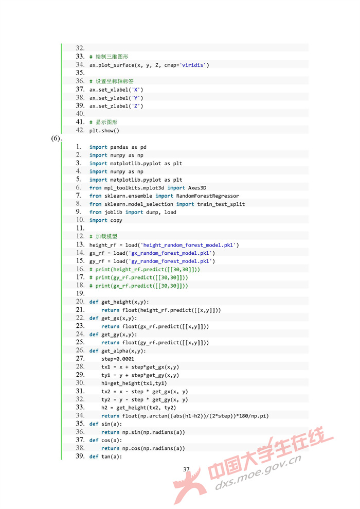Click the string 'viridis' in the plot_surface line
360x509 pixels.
(x=192, y=65)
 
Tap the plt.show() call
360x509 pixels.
(x=104, y=131)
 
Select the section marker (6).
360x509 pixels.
(x=57, y=138)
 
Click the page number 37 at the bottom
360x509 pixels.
(x=186, y=469)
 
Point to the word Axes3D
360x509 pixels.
(x=197, y=188)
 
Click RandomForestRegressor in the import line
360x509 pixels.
(x=208, y=196)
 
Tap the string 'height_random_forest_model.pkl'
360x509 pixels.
(x=188, y=245)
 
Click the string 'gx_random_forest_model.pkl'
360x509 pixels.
(x=170, y=253)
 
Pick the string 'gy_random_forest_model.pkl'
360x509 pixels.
(x=170, y=261)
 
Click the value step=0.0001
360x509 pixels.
(x=118, y=359)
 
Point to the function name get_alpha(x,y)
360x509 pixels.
(x=123, y=351)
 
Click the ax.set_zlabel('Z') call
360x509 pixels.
(x=116, y=106)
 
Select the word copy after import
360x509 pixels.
(x=116, y=220)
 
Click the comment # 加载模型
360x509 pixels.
(x=103, y=236)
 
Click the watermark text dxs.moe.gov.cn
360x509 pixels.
(x=258, y=472)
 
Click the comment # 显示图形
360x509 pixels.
(x=103, y=122)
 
